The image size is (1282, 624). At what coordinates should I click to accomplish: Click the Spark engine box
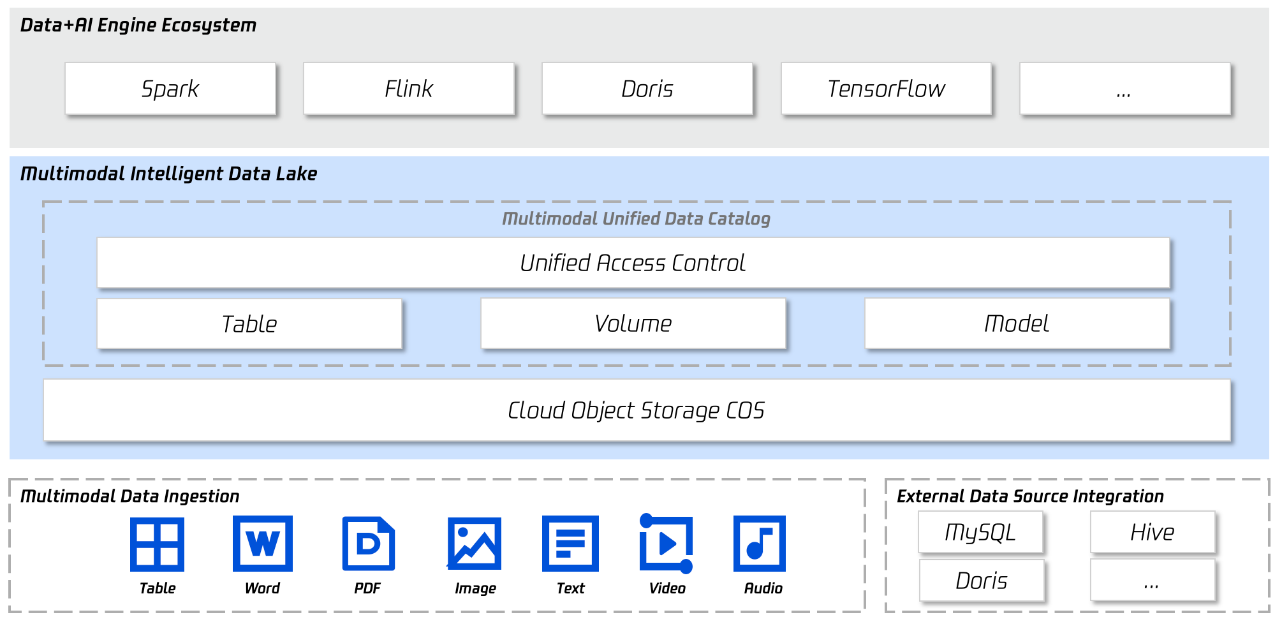coord(170,89)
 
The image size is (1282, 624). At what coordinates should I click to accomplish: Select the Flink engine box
coord(409,89)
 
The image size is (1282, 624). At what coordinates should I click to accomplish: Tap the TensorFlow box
coord(886,89)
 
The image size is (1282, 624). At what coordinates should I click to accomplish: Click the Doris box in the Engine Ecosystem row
coord(647,89)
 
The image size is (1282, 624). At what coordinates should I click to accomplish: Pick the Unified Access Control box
coord(633,263)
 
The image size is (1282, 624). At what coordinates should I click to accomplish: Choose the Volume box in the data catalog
coord(633,323)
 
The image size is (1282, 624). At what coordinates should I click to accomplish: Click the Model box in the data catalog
coord(1017,323)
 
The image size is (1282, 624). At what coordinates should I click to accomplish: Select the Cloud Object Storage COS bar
coord(637,410)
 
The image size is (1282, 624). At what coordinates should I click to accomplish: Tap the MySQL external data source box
coord(980,532)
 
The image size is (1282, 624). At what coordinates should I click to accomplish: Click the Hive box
coord(1153,532)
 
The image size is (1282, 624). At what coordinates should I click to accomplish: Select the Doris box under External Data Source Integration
coord(982,581)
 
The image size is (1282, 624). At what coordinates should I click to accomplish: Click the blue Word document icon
coord(263,544)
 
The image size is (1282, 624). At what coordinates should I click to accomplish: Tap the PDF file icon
coord(369,544)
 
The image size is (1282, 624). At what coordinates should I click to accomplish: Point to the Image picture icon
coord(474,544)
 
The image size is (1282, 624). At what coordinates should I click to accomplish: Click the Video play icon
coord(666,544)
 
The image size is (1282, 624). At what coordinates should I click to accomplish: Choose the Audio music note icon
coord(760,544)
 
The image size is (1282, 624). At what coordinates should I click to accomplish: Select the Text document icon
coord(570,544)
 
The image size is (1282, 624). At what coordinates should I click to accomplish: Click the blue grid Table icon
coord(157,544)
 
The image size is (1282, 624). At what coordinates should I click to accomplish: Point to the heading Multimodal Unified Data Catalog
coord(636,219)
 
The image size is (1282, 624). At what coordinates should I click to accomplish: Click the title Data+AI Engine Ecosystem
coord(138,26)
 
